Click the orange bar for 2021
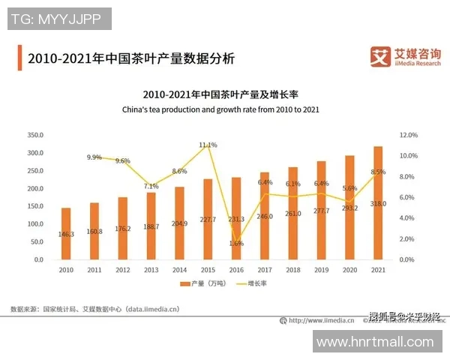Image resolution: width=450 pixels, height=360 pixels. coord(378,202)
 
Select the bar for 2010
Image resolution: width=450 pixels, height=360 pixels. coord(66,233)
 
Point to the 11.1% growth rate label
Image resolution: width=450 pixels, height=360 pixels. coord(208,145)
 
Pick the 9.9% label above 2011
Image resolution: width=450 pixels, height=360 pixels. coord(94,157)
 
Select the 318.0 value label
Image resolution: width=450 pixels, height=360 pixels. coord(378,202)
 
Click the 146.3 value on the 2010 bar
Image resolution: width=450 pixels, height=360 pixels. coord(66,234)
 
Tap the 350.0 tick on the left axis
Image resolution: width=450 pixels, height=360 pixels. coord(35,135)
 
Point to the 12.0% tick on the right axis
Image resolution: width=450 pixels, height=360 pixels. coord(408,135)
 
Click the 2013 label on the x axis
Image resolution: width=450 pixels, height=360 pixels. coord(151,270)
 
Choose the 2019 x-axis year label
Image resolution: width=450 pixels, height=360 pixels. coord(321,270)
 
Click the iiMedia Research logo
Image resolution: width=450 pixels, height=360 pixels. coord(405,56)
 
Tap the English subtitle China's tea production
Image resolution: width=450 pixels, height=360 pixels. coord(220,109)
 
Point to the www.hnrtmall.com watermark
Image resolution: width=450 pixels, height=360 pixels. coord(375,342)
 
